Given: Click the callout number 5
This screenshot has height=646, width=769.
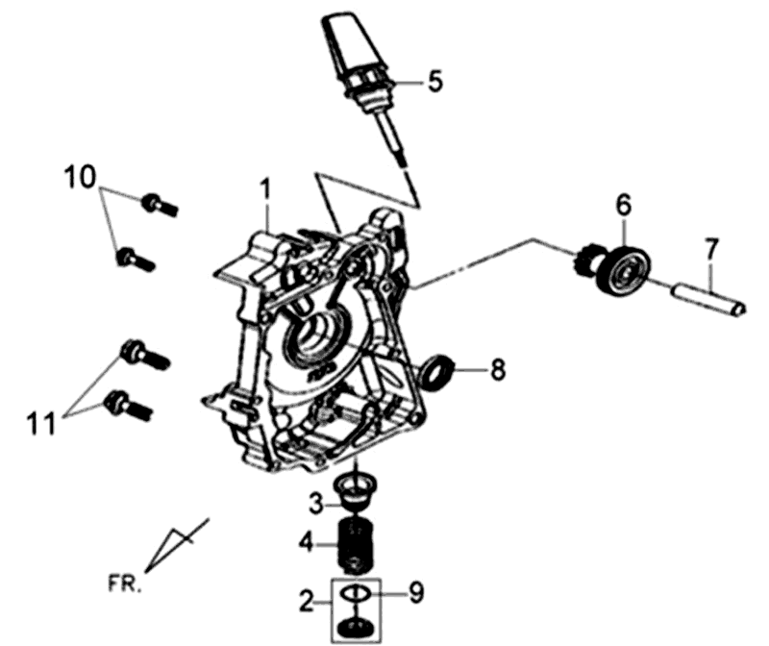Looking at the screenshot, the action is [434, 81].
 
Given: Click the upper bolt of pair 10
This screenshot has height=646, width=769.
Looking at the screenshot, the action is [160, 205].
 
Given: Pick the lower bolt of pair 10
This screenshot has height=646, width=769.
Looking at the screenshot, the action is [136, 260].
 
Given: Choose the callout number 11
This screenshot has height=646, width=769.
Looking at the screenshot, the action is [42, 424].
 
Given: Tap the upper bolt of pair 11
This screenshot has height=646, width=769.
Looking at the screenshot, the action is [145, 354].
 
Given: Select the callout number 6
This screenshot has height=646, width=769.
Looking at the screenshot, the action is [623, 206].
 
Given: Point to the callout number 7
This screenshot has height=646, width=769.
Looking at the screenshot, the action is [711, 251].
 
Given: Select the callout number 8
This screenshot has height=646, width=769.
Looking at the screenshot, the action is [497, 369].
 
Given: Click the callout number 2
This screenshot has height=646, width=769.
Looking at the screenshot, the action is [306, 601].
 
